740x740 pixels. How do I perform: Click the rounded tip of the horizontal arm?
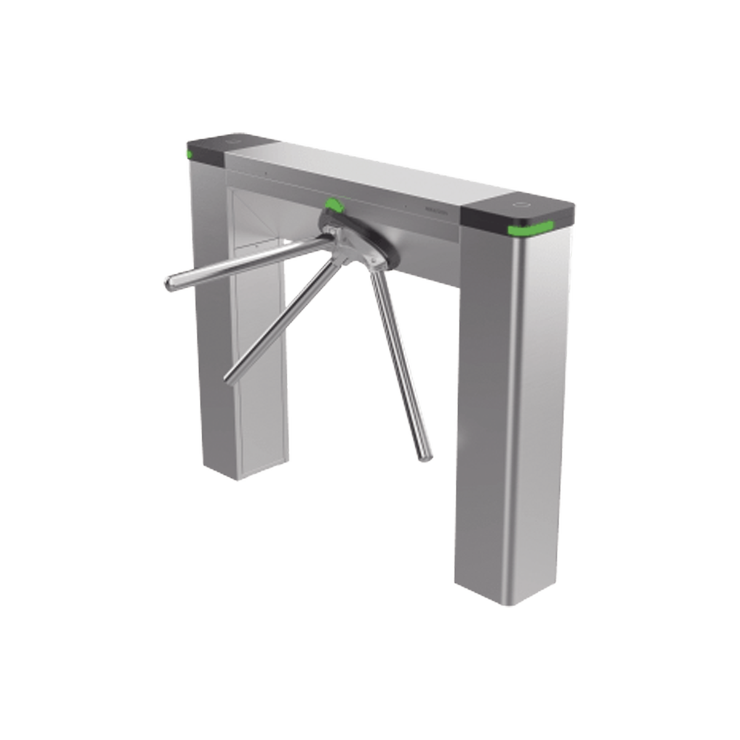[x=167, y=283]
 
